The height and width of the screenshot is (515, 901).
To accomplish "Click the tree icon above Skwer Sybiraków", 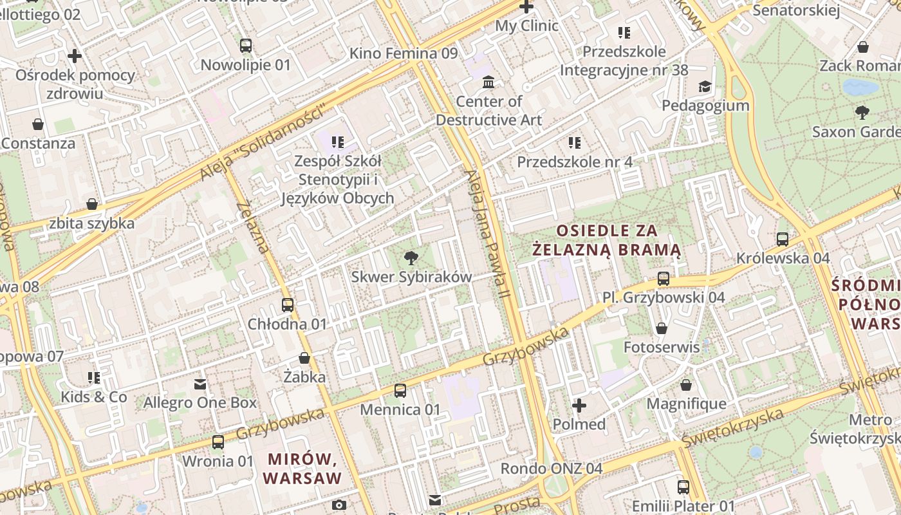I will click(x=410, y=259).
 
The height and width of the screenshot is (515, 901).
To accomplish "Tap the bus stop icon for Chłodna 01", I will click(x=288, y=305).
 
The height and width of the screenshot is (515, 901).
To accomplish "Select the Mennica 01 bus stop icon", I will click(x=400, y=391).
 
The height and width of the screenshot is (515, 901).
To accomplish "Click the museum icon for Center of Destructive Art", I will click(x=488, y=82).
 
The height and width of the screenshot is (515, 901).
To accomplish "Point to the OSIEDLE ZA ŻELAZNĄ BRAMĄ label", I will click(x=608, y=239).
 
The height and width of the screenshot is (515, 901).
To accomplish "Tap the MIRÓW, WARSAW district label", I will click(x=302, y=469).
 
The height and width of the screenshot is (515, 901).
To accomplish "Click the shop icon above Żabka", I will click(x=304, y=358).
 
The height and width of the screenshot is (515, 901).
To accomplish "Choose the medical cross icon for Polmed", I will click(x=579, y=406).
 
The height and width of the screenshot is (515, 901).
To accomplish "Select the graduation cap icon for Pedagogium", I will click(x=705, y=86).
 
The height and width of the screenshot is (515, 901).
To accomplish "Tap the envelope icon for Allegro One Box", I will click(x=200, y=384).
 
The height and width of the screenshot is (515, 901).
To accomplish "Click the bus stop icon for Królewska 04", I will click(x=783, y=239).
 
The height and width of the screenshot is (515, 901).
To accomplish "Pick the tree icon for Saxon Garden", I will click(x=862, y=113).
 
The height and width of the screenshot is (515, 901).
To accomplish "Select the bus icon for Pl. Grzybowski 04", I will click(x=664, y=279).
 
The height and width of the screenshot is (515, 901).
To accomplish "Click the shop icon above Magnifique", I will click(x=686, y=385).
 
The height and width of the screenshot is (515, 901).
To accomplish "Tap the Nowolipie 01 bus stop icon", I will click(x=246, y=46).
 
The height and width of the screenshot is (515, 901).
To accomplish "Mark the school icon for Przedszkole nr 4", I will click(x=575, y=142).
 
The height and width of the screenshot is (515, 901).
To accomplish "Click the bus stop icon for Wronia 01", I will click(x=218, y=442).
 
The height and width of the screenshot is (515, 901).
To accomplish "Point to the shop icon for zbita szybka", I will click(x=92, y=204).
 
